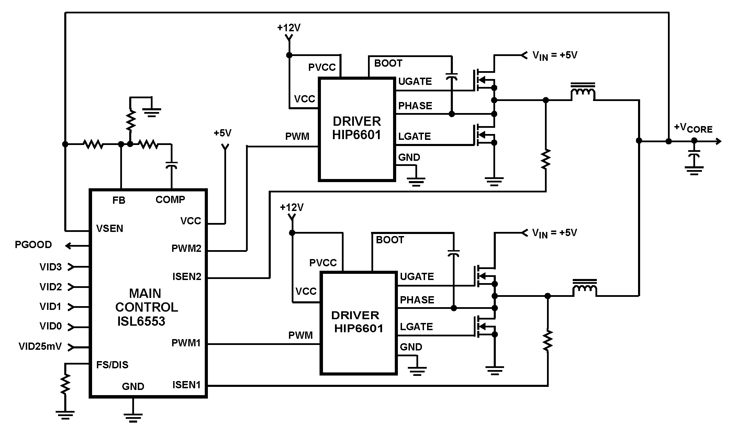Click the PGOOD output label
pos(33,245)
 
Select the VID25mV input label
pos(40,346)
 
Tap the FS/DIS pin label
pos(112,365)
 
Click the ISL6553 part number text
pos(141,321)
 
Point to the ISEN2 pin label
pos(187,277)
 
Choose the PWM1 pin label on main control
pos(186,343)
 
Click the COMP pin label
pos(170,200)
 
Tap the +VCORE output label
pos(693,128)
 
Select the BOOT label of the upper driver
pos(388,63)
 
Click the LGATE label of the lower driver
pos(416,326)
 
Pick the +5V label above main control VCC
pos(223,133)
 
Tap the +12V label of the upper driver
pos(289,28)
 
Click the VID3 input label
pos(51,267)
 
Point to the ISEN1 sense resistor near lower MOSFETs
pos(547,340)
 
